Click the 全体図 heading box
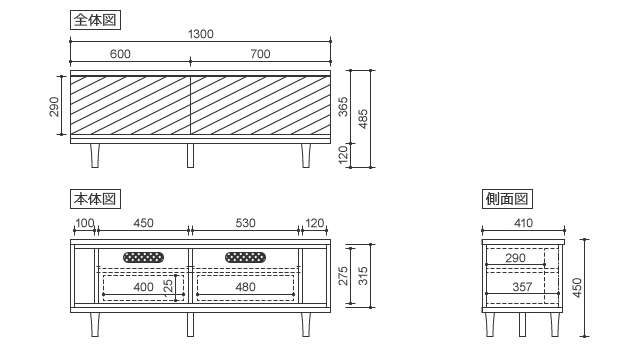[96, 20]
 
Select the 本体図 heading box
[96, 199]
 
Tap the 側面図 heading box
[507, 199]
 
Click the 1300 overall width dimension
[200, 34]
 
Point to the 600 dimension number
[120, 54]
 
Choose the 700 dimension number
[260, 54]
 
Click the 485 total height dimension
[363, 119]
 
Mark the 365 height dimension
[343, 107]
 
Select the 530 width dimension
[245, 223]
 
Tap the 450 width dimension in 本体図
[143, 223]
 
